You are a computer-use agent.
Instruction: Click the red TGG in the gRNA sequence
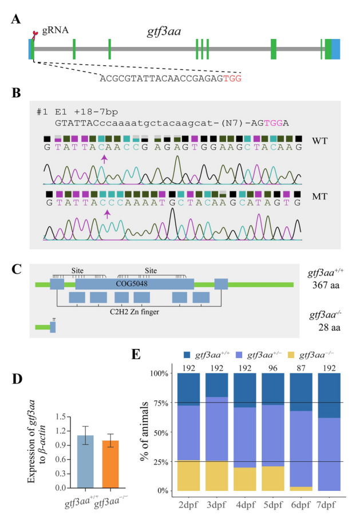232,78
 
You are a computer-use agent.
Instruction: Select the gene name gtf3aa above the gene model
164,32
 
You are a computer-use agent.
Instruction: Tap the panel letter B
16,93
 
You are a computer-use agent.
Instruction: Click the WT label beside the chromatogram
320,141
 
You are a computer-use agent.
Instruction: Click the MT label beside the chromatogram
320,196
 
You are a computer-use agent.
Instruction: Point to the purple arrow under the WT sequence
104,159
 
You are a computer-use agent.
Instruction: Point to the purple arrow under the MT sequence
107,214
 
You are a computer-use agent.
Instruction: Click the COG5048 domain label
132,284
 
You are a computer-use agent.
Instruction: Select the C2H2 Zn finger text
134,312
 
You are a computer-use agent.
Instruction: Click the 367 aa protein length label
326,285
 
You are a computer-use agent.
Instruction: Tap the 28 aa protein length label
329,327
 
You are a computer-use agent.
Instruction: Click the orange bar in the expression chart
110,465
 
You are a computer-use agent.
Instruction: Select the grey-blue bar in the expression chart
85,462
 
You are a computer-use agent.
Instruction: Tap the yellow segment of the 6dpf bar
301,489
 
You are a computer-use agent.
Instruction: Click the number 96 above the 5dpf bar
273,368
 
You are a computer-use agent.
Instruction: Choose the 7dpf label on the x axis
326,505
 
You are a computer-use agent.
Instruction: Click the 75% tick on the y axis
161,403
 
